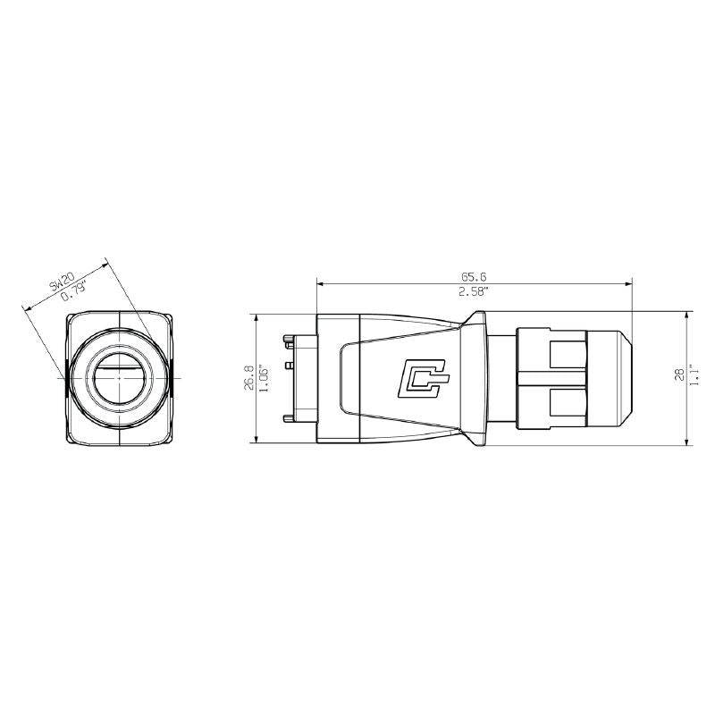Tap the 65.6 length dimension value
[474, 277]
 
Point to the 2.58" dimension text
[474, 292]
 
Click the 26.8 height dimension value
[248, 377]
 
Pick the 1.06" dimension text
[262, 377]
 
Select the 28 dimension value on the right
[677, 374]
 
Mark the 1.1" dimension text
[694, 374]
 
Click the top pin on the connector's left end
[289, 341]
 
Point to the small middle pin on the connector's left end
[290, 366]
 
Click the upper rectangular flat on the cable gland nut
[565, 355]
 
